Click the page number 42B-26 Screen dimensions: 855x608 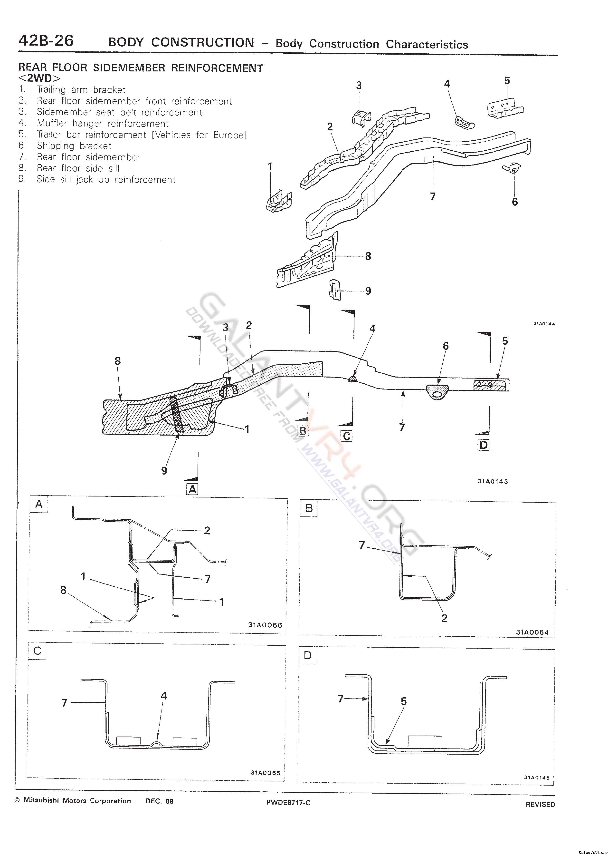[x=46, y=40]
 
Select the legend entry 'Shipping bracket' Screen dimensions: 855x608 [x=74, y=146]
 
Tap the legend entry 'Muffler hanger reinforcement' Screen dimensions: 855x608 [x=103, y=123]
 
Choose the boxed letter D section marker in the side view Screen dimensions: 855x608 [x=484, y=445]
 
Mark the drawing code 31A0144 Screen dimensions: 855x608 [x=544, y=324]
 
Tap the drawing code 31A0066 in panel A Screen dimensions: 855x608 [x=265, y=625]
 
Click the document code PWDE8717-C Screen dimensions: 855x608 [x=288, y=802]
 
